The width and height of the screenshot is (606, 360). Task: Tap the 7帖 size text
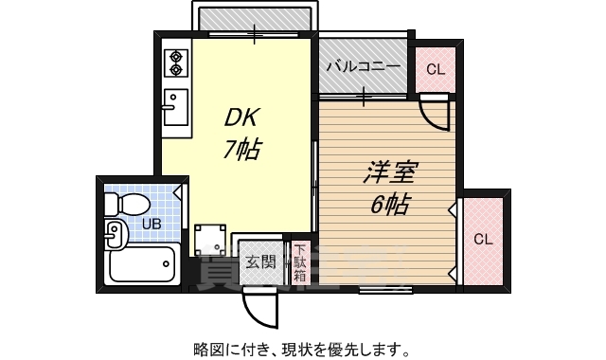242,149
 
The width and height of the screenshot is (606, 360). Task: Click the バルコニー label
363,67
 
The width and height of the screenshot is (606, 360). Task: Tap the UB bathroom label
151,225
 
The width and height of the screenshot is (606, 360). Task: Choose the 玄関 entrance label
260,261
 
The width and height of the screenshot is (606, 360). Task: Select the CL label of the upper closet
435,68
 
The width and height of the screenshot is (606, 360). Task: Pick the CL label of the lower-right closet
483,239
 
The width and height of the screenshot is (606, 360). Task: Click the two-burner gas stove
175,63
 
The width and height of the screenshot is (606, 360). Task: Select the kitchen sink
174,106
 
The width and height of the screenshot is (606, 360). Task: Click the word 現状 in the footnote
283,349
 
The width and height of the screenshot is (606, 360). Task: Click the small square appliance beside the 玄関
209,241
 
